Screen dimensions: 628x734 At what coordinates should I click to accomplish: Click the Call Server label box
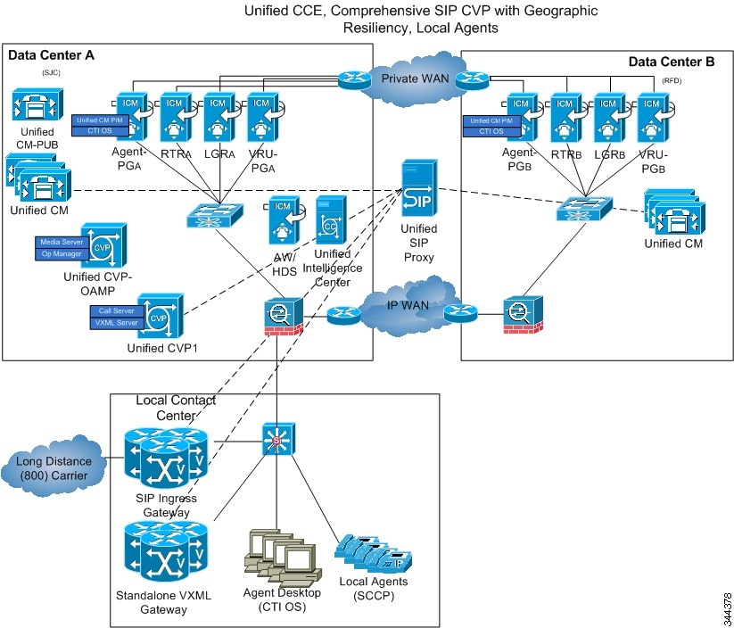tap(117, 311)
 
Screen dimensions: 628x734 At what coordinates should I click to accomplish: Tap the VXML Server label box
tap(117, 323)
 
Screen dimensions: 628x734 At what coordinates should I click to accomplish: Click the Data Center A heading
tap(51, 55)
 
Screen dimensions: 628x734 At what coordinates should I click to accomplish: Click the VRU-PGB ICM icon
tap(652, 116)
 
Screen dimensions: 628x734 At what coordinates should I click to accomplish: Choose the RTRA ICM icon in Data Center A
tap(175, 115)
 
